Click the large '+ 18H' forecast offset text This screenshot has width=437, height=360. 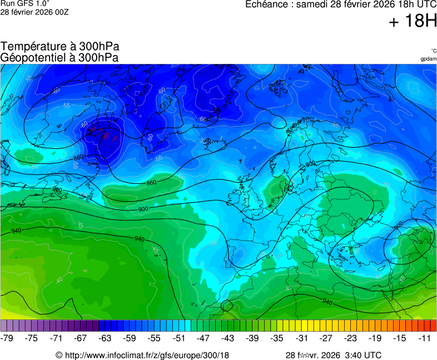(413, 21)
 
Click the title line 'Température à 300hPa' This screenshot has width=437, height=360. (59, 47)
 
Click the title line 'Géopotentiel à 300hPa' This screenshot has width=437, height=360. (59, 57)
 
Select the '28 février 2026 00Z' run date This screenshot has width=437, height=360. (34, 12)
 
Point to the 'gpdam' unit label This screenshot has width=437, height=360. (428, 59)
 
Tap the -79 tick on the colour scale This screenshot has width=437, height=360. (7, 338)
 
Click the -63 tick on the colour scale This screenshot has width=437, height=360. (105, 338)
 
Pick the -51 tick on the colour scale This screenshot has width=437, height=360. (178, 338)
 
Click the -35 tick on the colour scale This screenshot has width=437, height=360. (276, 338)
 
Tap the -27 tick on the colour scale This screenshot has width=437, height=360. (325, 338)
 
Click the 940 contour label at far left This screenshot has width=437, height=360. (16, 231)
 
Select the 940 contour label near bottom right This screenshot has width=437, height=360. (327, 302)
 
